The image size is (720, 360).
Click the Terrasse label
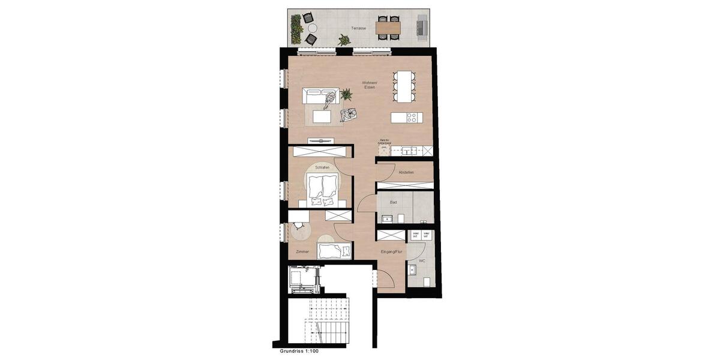tap(359, 28)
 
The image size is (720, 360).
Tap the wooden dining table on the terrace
tap(388, 27)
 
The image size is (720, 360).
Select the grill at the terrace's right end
tap(422, 27)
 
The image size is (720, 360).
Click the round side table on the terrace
tap(313, 28)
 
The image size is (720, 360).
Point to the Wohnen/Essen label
tap(369, 85)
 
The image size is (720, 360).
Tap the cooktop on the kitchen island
tap(412, 118)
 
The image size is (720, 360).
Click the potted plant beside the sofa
tap(346, 94)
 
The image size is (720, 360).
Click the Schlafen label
tap(322, 167)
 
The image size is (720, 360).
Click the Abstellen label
tap(406, 172)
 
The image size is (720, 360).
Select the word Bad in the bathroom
tap(394, 202)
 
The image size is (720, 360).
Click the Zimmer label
tap(302, 251)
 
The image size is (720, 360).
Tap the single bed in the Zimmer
tap(334, 251)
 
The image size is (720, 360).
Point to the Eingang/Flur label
tap(391, 252)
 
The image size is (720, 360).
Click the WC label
tap(422, 261)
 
